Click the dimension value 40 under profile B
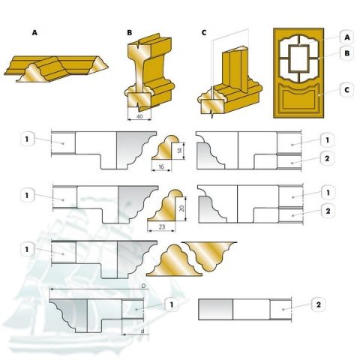(139, 116)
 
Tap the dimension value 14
(179, 151)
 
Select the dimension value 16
(161, 166)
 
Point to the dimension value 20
(182, 208)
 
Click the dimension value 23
(162, 226)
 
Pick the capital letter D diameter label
(144, 286)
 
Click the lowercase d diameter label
(142, 331)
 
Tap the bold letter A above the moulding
(34, 32)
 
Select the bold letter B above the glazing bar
(130, 32)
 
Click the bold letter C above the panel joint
(204, 33)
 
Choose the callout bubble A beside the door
(347, 37)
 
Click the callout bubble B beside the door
(347, 53)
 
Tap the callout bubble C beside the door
(346, 89)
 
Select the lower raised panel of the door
(298, 100)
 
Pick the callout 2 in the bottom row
(318, 304)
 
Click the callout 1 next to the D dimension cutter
(172, 304)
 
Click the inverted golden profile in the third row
(209, 255)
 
